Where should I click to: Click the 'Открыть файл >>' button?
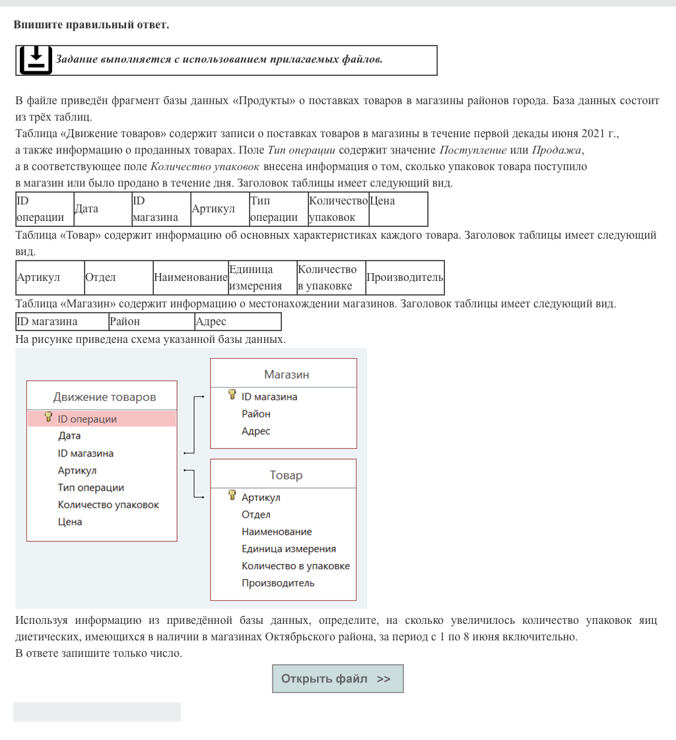(337, 679)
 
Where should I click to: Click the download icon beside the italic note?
(36, 60)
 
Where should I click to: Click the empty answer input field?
(97, 712)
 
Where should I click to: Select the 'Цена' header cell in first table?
(398, 208)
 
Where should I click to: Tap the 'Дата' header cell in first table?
(102, 208)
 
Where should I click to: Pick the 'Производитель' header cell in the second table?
(404, 277)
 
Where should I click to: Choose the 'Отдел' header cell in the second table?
(118, 277)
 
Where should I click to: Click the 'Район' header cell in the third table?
(151, 322)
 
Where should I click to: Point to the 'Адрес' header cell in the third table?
(238, 322)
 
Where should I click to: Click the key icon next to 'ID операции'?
(48, 417)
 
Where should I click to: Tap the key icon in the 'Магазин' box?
(232, 395)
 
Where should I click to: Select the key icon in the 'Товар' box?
(232, 496)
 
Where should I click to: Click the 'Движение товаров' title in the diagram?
(104, 397)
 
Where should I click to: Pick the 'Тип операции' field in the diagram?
(91, 488)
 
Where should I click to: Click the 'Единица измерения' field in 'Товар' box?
(288, 549)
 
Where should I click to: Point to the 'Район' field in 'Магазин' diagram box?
(256, 414)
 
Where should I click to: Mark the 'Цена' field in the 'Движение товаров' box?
(70, 522)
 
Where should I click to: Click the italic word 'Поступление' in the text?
(473, 150)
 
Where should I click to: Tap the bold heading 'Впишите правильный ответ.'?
(91, 25)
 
